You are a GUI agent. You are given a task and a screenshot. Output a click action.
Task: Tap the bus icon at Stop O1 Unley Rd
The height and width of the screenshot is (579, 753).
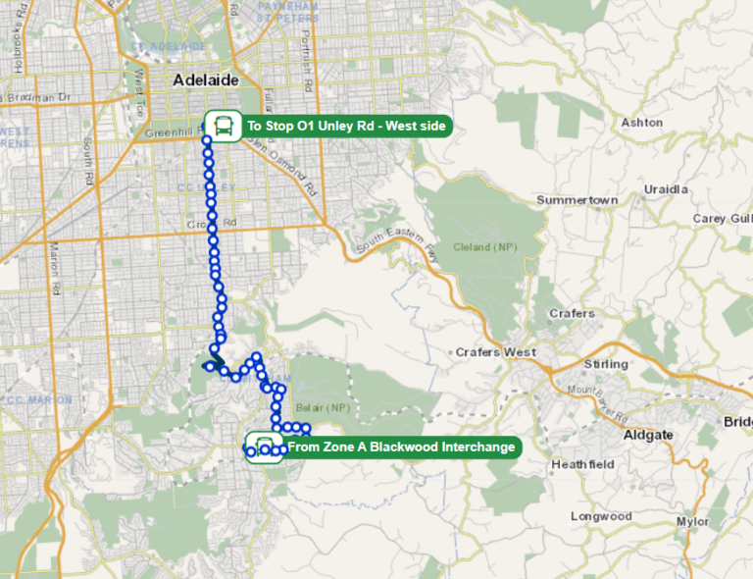point(224,126)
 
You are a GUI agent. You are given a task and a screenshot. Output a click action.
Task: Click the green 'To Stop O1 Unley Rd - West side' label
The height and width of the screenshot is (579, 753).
point(346,126)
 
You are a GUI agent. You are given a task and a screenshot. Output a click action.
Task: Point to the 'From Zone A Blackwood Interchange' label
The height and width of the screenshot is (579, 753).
point(401,447)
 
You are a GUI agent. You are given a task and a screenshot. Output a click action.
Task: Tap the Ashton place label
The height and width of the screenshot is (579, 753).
point(642,123)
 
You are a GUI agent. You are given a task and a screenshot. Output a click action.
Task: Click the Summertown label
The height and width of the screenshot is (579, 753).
point(577,200)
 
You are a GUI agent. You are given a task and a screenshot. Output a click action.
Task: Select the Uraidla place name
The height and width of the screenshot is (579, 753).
point(667,188)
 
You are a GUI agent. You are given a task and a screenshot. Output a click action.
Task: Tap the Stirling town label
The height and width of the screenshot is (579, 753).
point(605,364)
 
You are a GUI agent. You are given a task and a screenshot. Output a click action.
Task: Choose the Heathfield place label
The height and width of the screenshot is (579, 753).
point(582,464)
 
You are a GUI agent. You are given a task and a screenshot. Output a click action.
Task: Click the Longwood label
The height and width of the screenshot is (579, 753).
point(601,516)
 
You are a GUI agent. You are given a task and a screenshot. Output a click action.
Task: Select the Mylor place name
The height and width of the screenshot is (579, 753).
point(692,522)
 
